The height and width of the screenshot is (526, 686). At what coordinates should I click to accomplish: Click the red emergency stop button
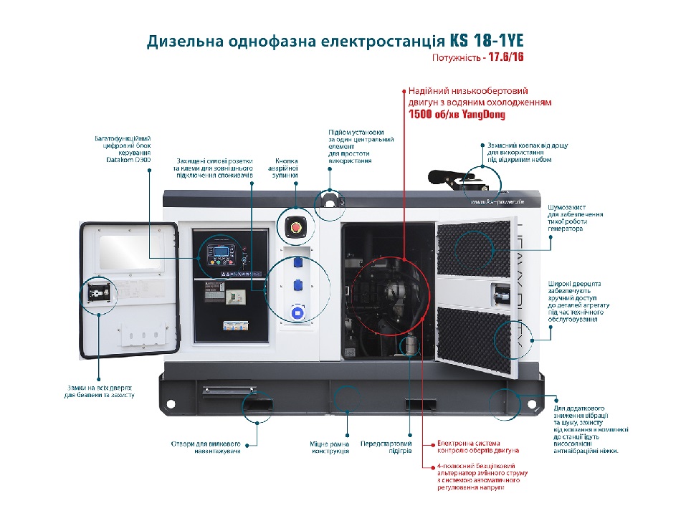coord(295,228)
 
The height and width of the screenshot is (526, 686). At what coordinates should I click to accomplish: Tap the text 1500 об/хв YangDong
coord(457,115)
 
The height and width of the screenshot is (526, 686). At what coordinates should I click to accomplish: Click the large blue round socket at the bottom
coord(295,313)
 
